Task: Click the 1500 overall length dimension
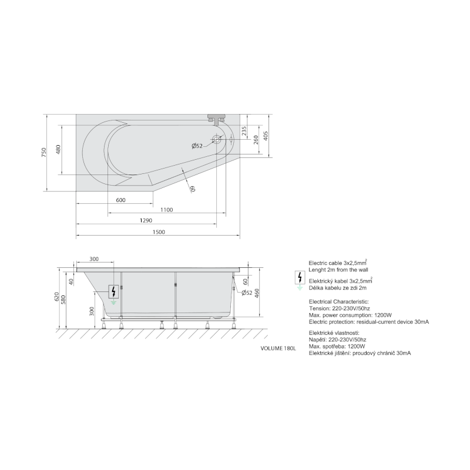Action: [159, 232]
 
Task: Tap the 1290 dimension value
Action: [146, 221]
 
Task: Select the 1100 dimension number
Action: [167, 210]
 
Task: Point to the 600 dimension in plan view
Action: [120, 200]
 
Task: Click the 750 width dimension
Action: [45, 152]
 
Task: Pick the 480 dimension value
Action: [58, 149]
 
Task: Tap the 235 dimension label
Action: [244, 130]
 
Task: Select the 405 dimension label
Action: [266, 136]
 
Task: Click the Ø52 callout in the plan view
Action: [197, 146]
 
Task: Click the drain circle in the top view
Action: [216, 139]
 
